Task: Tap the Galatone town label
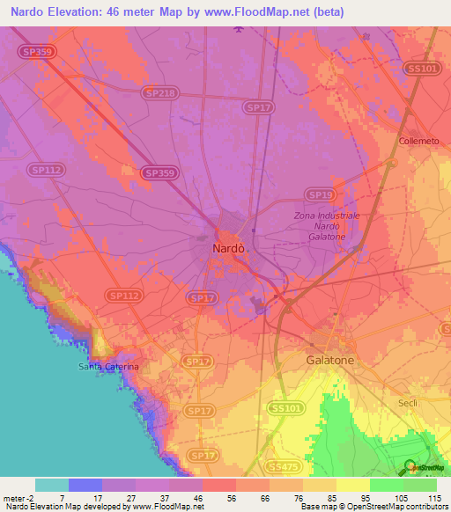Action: (330, 361)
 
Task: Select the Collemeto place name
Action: (417, 141)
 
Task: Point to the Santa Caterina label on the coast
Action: (109, 366)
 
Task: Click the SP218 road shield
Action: (159, 92)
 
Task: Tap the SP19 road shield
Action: (320, 194)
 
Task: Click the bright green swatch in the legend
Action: (386, 485)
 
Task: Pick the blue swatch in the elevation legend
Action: (85, 485)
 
